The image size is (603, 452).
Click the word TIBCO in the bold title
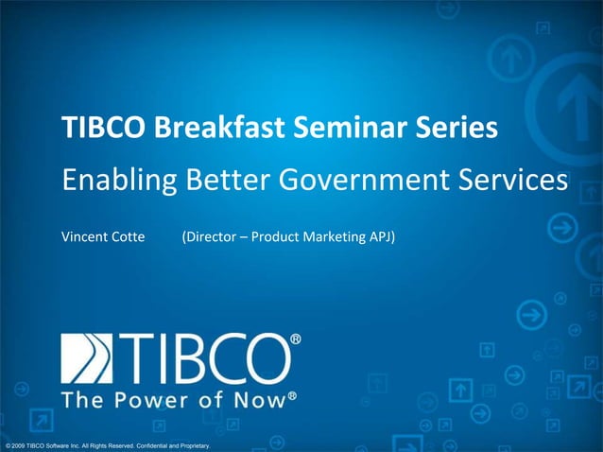click(97, 128)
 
